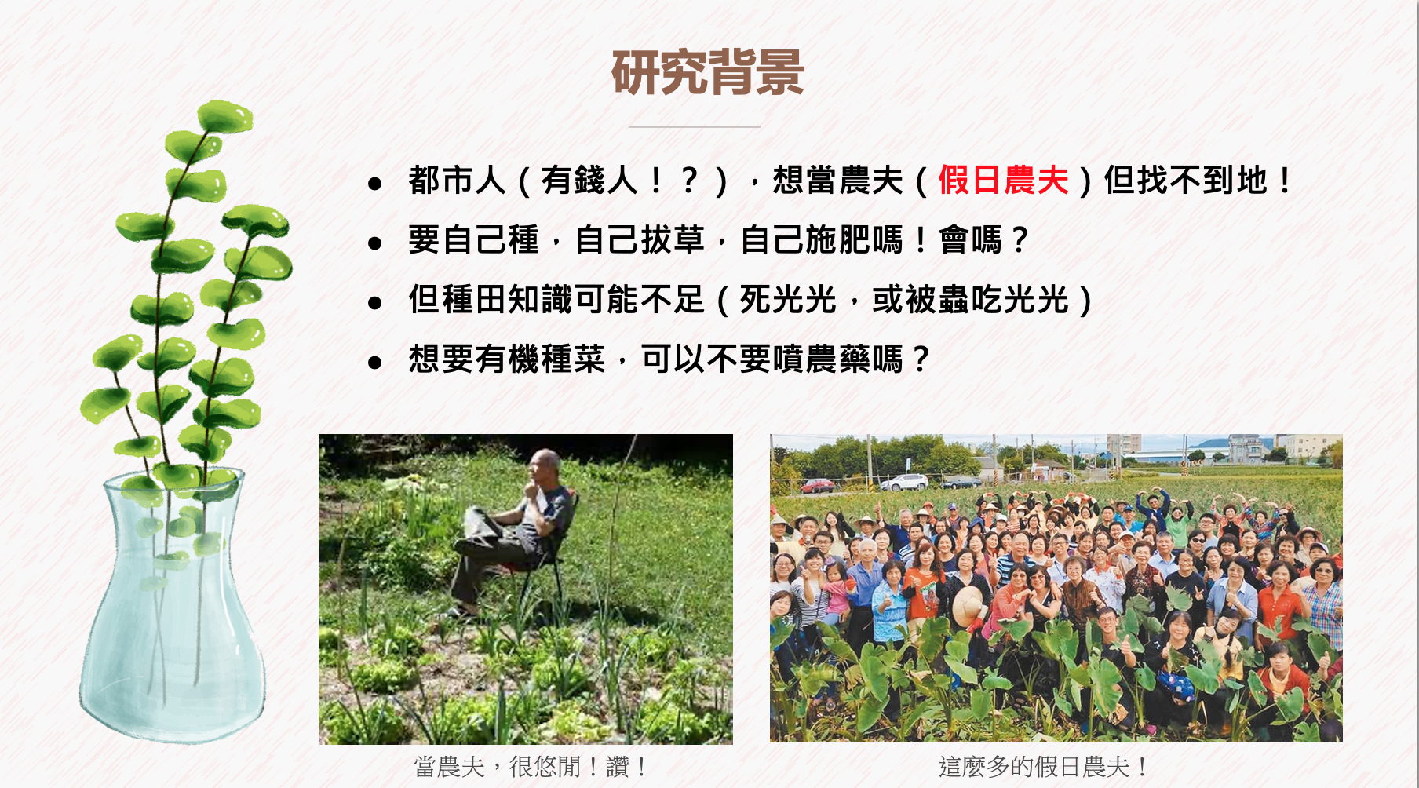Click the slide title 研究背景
pyautogui.click(x=708, y=72)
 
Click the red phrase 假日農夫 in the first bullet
pyautogui.click(x=1003, y=181)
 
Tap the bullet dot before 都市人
pyautogui.click(x=374, y=184)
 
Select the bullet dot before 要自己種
pyautogui.click(x=374, y=244)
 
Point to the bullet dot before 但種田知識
pyautogui.click(x=374, y=304)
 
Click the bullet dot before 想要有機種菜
pyautogui.click(x=374, y=363)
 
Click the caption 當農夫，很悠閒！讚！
pyautogui.click(x=531, y=766)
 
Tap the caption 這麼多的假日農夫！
pyautogui.click(x=1043, y=766)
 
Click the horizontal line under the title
pyautogui.click(x=695, y=126)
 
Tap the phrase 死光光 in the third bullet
pyautogui.click(x=788, y=300)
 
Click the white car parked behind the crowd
pyautogui.click(x=904, y=482)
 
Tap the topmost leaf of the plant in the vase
pyautogui.click(x=224, y=116)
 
